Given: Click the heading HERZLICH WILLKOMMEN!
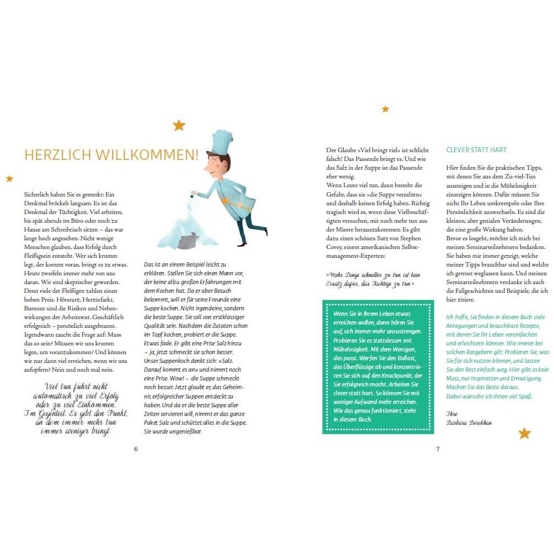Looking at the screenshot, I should (111, 155).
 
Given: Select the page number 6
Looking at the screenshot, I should (136, 449).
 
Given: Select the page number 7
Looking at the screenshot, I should (437, 449).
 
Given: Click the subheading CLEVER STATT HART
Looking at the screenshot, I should (476, 150).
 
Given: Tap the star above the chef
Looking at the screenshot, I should (179, 125).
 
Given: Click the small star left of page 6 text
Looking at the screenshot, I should (9, 178).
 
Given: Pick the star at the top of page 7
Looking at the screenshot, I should (385, 109).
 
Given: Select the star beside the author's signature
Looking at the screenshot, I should (524, 434).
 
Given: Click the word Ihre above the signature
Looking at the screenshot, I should (452, 413).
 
